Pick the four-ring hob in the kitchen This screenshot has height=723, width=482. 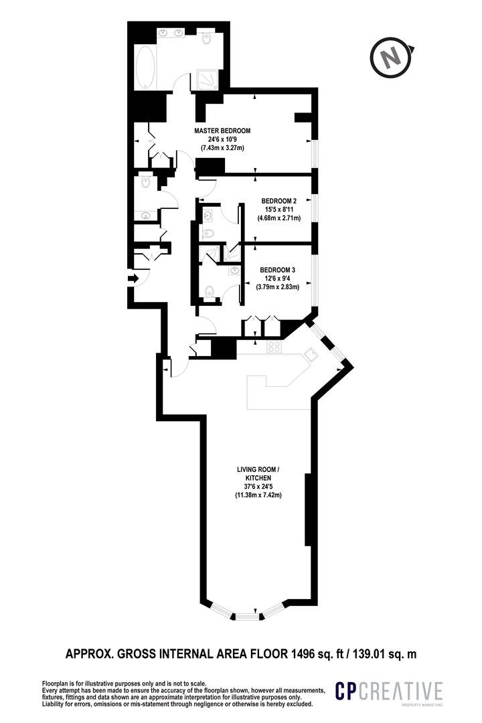[274, 347]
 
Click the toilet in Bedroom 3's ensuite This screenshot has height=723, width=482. [210, 291]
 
